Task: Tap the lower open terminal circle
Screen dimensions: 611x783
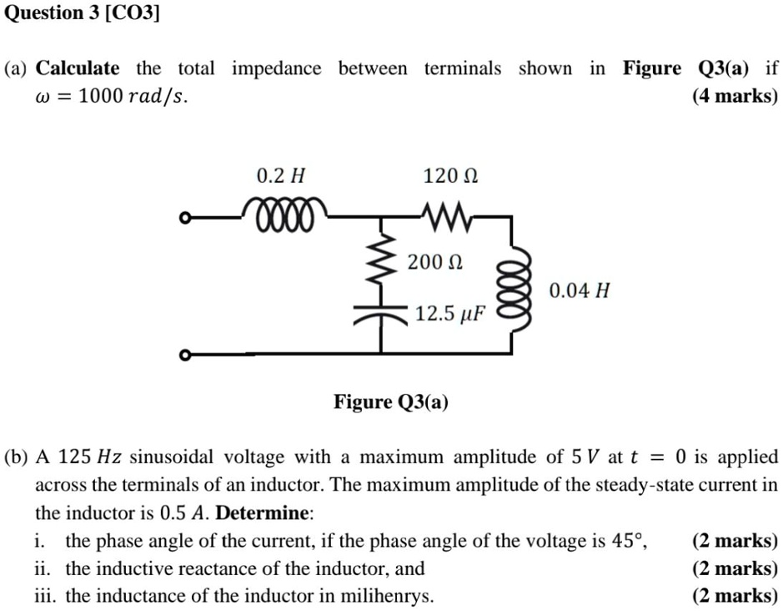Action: pyautogui.click(x=185, y=356)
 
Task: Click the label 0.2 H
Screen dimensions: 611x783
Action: pyautogui.click(x=281, y=176)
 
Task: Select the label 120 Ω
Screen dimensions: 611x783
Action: pyautogui.click(x=451, y=176)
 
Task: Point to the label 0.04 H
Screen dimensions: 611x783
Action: pyautogui.click(x=580, y=291)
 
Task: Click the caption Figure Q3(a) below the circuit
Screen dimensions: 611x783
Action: pyautogui.click(x=391, y=402)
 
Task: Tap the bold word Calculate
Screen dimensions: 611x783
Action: pyautogui.click(x=78, y=68)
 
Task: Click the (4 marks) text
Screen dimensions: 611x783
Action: pyautogui.click(x=735, y=96)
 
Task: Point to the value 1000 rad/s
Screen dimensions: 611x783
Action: pyautogui.click(x=132, y=97)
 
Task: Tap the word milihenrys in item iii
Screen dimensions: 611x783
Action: pyautogui.click(x=390, y=596)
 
